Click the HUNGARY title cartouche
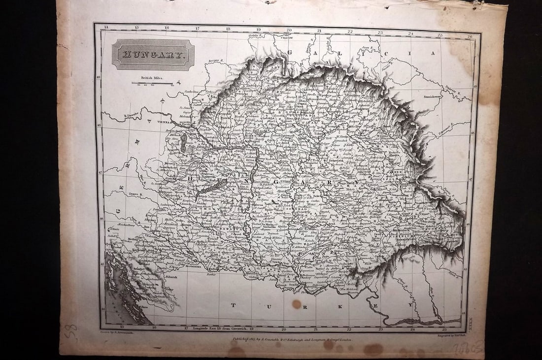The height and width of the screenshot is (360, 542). [x=153, y=55]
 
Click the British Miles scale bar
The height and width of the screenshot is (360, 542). [x=152, y=83]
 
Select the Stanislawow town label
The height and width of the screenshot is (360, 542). [x=432, y=97]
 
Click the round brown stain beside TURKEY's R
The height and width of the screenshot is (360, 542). [x=296, y=304]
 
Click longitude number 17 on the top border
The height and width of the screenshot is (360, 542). [x=198, y=28]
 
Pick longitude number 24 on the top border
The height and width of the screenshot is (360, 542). [x=410, y=33]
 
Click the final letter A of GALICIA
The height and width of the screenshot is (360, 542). [x=434, y=53]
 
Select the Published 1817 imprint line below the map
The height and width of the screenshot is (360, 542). [x=293, y=340]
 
